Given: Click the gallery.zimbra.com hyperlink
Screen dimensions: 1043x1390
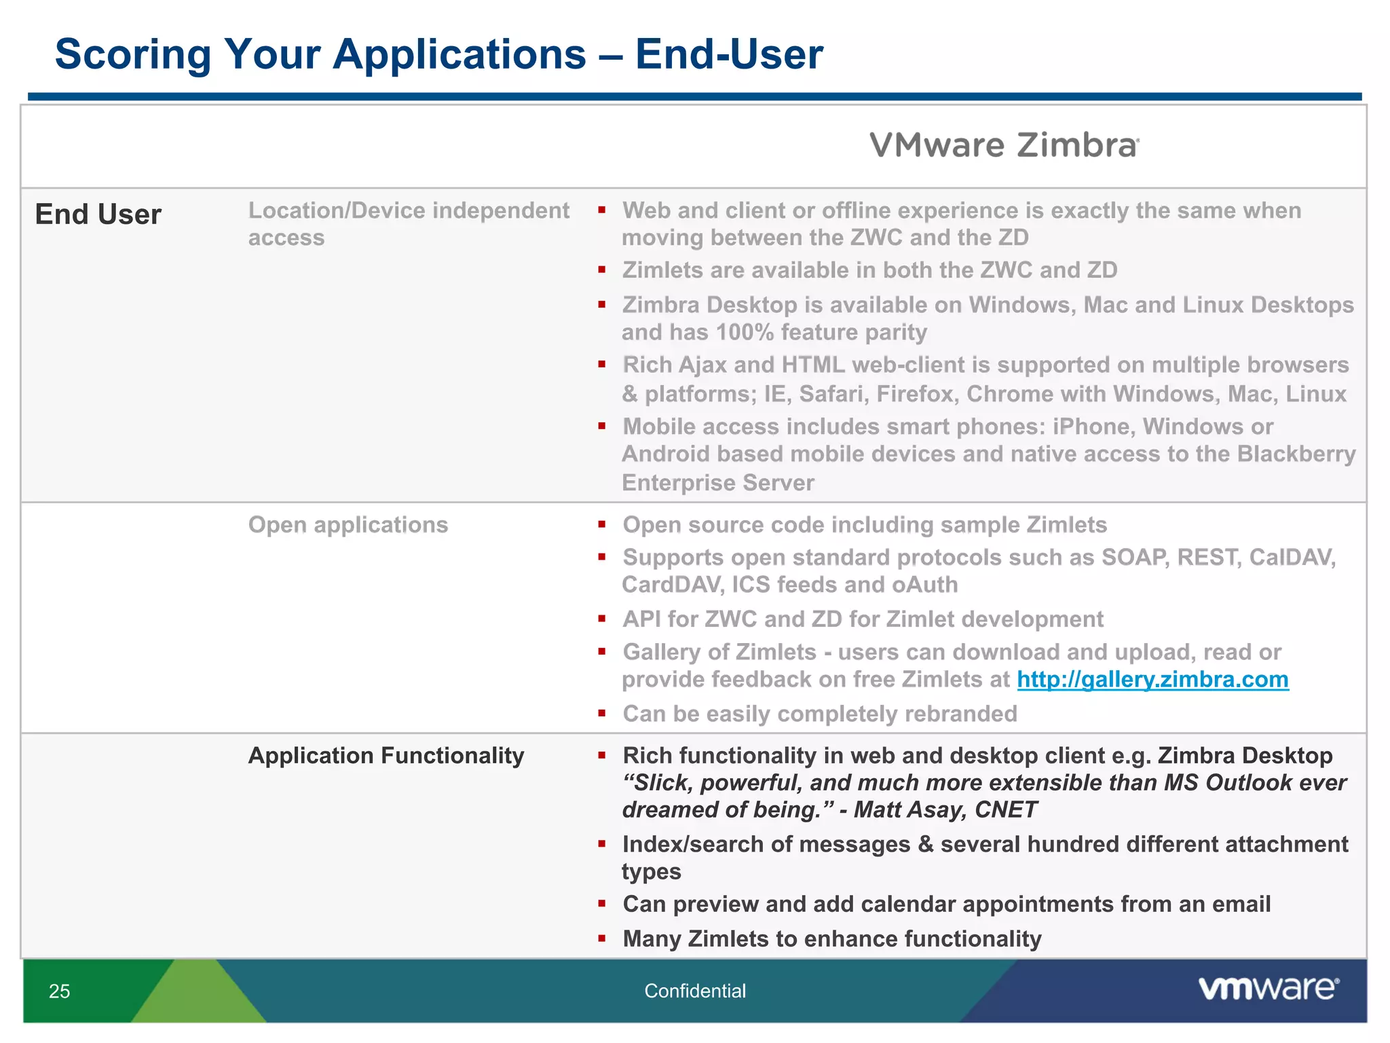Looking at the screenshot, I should (1152, 680).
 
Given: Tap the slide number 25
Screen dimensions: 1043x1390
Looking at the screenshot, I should (60, 991).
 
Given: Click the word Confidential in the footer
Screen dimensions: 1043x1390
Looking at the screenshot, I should (694, 991).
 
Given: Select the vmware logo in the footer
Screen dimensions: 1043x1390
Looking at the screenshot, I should (1268, 989).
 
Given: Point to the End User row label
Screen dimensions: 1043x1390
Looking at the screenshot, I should (98, 215).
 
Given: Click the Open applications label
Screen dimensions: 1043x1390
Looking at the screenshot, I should (347, 525).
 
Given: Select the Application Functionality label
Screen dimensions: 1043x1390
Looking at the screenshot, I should (386, 756).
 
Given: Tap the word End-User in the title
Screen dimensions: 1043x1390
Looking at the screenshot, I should (729, 54).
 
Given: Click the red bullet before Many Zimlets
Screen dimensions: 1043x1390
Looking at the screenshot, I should (601, 939).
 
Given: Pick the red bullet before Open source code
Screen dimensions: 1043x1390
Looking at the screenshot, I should (601, 525).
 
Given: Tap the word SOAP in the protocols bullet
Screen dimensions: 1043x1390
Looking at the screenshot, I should (1134, 557).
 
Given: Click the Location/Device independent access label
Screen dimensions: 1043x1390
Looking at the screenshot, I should (408, 224).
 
